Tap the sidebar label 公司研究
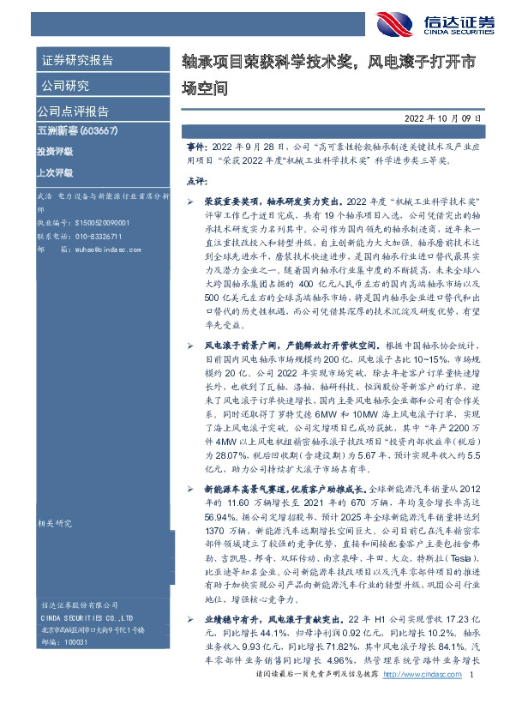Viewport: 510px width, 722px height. [65, 85]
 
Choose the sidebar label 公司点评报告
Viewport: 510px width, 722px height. [73, 111]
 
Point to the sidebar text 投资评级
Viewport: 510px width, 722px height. [55, 151]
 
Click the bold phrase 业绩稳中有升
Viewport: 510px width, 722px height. [225, 618]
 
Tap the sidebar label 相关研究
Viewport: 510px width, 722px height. [53, 522]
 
